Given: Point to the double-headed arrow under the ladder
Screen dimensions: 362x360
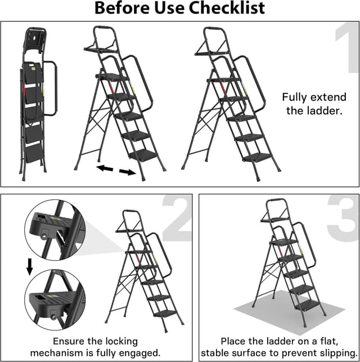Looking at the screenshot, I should pos(116,170).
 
